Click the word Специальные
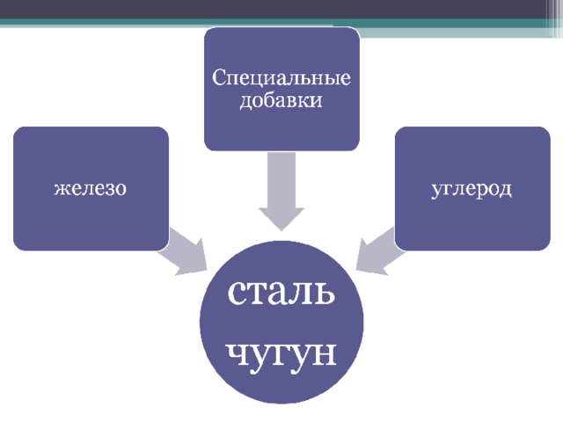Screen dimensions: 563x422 (281, 78)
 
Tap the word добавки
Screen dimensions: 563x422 (281, 100)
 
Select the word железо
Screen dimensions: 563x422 (91, 188)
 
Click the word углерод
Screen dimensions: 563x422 (472, 189)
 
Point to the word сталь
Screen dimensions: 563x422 (281, 292)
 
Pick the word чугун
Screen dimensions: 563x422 (281, 353)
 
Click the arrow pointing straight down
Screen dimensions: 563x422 (281, 192)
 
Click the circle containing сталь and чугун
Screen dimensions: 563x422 (281, 322)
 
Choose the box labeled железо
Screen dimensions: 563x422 (91, 188)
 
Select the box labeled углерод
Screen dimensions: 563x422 (472, 188)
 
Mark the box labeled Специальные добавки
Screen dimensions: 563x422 (281, 89)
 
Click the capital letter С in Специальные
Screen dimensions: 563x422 (218, 77)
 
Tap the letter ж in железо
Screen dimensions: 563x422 (61, 189)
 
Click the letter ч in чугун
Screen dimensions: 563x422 (237, 353)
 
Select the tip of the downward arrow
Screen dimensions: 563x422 (281, 230)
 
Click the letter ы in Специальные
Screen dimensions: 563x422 (329, 80)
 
